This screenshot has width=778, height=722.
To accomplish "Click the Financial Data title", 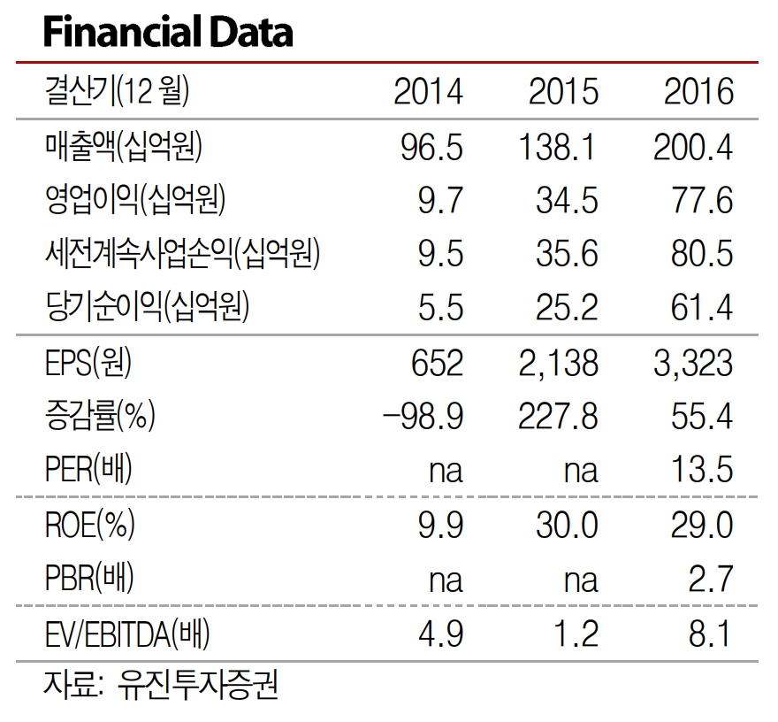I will [168, 33].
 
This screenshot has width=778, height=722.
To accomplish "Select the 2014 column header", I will [428, 91].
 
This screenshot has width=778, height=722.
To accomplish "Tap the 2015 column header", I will [563, 91].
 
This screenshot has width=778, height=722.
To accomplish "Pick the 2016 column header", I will [698, 91].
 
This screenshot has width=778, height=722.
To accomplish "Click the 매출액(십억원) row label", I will [123, 146].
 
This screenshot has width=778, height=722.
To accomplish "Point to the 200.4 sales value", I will [693, 146].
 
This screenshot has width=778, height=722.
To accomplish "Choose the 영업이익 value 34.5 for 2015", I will [567, 200].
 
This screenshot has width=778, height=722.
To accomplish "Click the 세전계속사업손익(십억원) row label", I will [181, 254].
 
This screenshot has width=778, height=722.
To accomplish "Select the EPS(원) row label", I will [93, 362].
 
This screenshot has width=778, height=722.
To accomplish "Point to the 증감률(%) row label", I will [100, 416].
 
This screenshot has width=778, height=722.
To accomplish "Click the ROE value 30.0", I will [567, 525].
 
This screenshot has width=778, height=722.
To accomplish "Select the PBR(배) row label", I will [89, 579].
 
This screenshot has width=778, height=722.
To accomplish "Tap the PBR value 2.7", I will [712, 579].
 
